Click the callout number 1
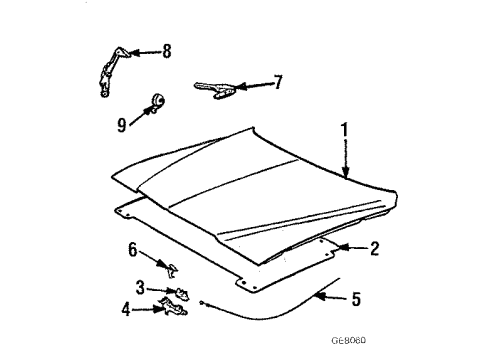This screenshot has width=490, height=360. [345, 131]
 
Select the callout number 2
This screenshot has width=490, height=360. [374, 249]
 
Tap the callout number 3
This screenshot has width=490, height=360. [141, 287]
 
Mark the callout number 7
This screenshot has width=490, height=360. [279, 81]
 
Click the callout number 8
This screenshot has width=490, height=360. [167, 49]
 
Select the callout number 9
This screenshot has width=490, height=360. [122, 126]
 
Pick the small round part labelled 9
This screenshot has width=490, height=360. [156, 101]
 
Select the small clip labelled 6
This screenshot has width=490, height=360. [173, 267]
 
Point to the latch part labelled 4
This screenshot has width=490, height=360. [178, 307]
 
